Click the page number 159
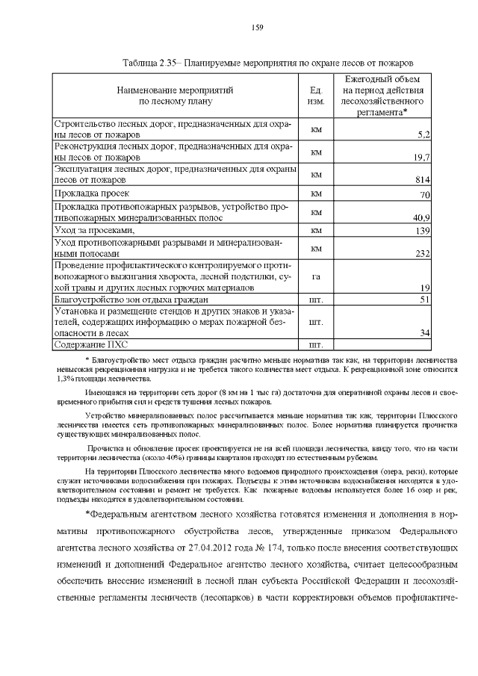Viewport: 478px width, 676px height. (x=256, y=28)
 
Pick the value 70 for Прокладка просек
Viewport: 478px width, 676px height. (x=424, y=195)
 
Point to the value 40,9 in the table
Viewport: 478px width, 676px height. (x=420, y=217)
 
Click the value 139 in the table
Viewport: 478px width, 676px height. (x=422, y=232)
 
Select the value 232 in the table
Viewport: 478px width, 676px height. (x=421, y=254)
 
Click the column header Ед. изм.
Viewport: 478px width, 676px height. (x=315, y=95)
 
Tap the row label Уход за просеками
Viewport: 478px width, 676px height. (x=87, y=232)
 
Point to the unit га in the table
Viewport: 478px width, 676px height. (x=315, y=276)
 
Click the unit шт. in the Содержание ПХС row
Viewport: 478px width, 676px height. (x=315, y=344)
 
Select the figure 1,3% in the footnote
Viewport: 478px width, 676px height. (x=65, y=378)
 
